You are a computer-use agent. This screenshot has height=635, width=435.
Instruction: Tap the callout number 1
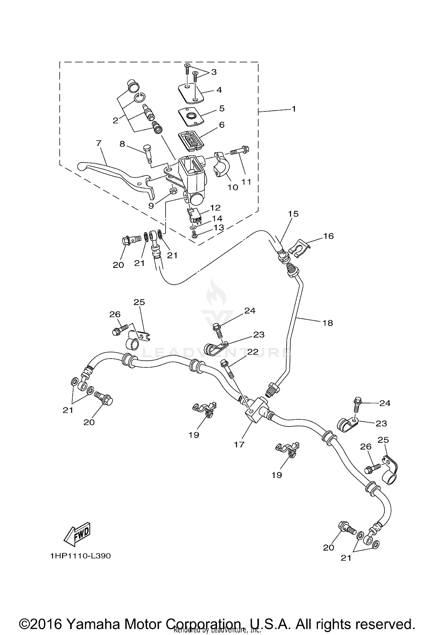point(294,109)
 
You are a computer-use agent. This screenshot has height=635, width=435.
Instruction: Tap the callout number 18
point(328,323)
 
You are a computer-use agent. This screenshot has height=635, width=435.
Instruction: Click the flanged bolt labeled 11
point(239,151)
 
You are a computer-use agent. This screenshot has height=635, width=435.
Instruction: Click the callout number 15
point(293,214)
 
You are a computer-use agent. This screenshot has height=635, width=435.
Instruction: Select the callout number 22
point(253,352)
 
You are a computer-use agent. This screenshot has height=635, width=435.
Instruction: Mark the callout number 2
point(116,120)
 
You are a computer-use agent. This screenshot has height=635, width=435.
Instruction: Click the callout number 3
point(214,72)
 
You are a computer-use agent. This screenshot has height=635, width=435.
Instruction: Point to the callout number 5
point(222,108)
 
